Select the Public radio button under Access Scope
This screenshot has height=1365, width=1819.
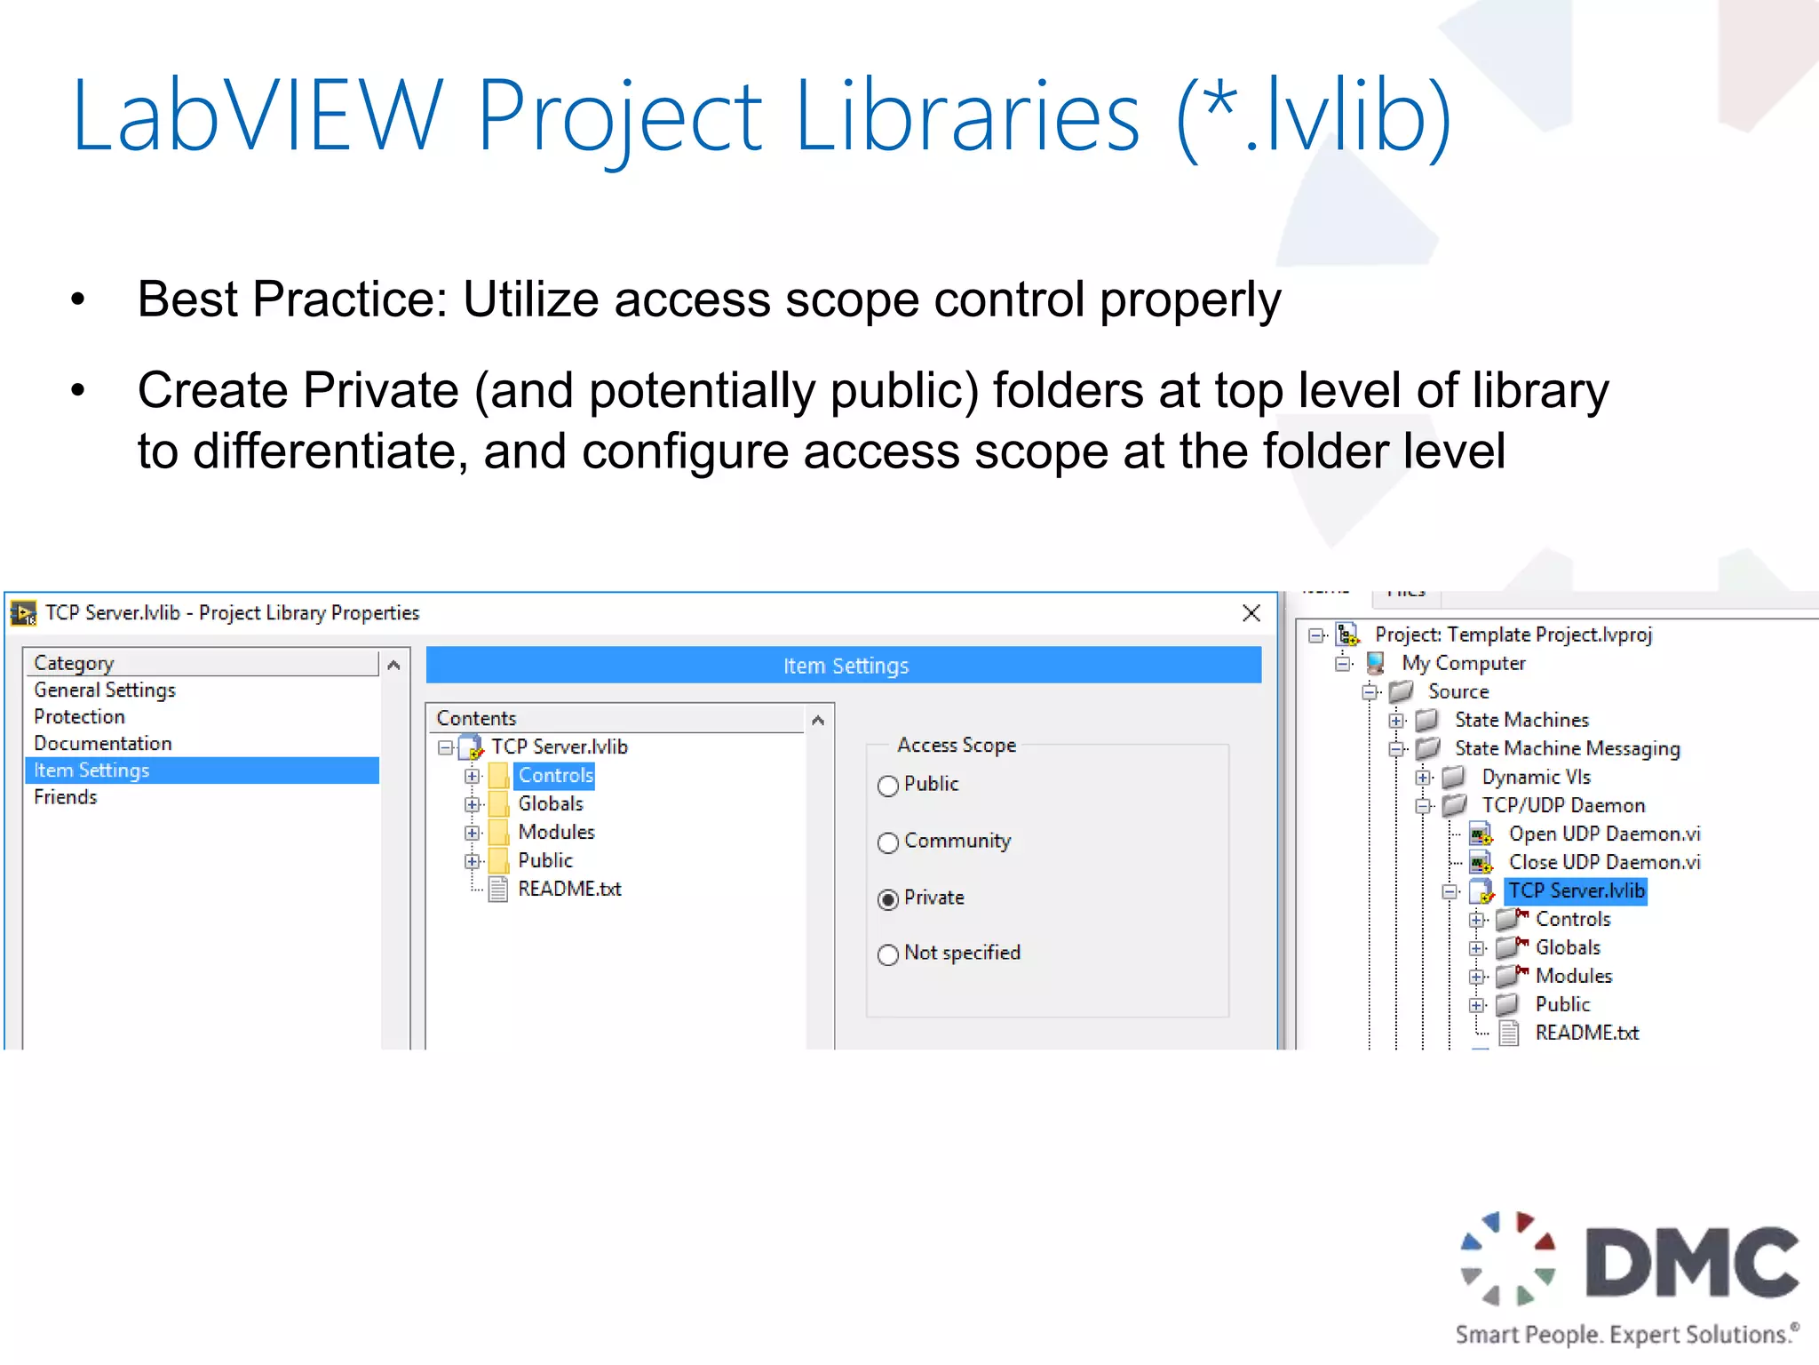pyautogui.click(x=888, y=786)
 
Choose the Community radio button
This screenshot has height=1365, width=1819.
pyautogui.click(x=888, y=842)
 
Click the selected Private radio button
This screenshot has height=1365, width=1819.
pyautogui.click(x=888, y=899)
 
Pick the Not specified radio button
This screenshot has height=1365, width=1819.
pyautogui.click(x=888, y=954)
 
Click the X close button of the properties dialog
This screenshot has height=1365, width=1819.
pyautogui.click(x=1251, y=613)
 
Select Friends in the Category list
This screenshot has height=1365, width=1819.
pyautogui.click(x=66, y=797)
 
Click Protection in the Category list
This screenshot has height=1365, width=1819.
pyautogui.click(x=80, y=717)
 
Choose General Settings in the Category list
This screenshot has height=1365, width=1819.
pyautogui.click(x=105, y=690)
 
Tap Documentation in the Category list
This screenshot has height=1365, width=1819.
pyautogui.click(x=103, y=744)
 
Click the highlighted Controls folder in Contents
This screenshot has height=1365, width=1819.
pyautogui.click(x=555, y=776)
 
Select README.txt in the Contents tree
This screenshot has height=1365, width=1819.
pyautogui.click(x=569, y=890)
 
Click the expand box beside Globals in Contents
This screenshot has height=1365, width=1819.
pyautogui.click(x=473, y=805)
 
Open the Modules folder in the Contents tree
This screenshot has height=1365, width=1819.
pyautogui.click(x=556, y=833)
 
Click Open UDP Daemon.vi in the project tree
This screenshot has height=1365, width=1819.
pyautogui.click(x=1604, y=834)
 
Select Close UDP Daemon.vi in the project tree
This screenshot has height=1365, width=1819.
pyautogui.click(x=1604, y=863)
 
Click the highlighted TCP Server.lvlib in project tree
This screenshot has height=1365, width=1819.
pyautogui.click(x=1577, y=891)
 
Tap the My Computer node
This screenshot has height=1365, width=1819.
pyautogui.click(x=1463, y=664)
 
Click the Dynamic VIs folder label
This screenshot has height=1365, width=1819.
pyautogui.click(x=1536, y=778)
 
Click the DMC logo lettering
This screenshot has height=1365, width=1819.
pyautogui.click(x=1691, y=1263)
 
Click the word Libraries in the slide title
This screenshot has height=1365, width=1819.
pyautogui.click(x=967, y=116)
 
